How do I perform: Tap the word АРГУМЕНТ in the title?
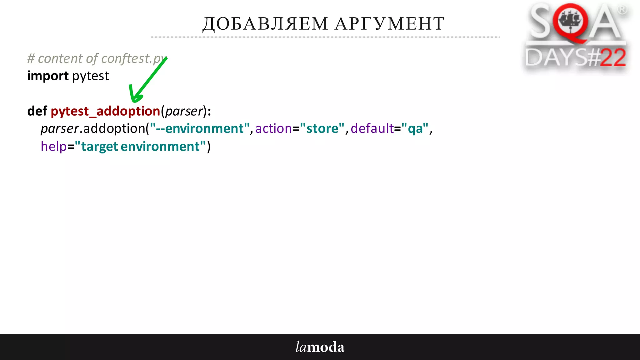point(389,24)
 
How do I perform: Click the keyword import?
point(48,76)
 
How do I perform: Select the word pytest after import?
point(91,76)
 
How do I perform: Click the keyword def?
point(37,111)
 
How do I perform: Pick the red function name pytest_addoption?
point(105,111)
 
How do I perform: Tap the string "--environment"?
point(200,128)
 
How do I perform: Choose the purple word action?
point(273,128)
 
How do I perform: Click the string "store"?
point(322,128)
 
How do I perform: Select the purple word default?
point(372,128)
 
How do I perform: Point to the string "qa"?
point(415,128)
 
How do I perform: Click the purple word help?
point(54,146)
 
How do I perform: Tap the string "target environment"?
point(140,146)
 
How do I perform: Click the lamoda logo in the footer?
point(320,347)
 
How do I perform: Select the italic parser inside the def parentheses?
point(184,111)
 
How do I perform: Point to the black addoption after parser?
point(114,128)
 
